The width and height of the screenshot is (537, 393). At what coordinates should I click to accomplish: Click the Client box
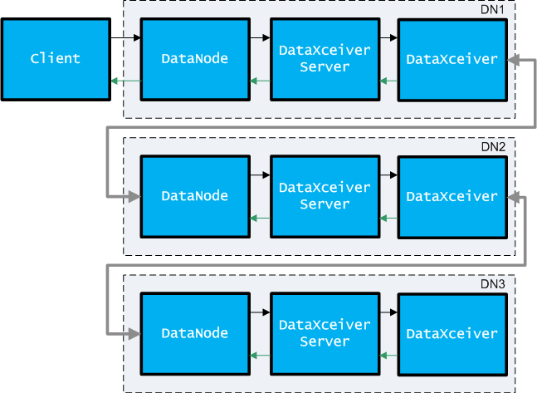[56, 59]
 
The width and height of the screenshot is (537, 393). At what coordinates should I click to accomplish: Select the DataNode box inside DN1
[195, 59]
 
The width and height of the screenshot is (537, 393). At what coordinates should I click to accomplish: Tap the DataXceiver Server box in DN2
[325, 196]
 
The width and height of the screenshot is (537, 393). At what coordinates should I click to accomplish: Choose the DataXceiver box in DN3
[452, 334]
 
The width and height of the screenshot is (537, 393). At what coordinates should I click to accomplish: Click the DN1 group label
[492, 10]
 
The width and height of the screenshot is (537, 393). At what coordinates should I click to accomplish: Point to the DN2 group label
[493, 147]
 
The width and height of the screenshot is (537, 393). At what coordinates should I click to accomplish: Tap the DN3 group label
[493, 284]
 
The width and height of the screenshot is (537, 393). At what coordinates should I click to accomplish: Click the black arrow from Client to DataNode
[125, 37]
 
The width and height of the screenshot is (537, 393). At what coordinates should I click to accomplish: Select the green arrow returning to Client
[125, 81]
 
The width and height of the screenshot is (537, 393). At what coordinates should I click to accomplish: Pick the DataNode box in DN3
[195, 334]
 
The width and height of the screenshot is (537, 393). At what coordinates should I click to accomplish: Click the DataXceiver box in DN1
[452, 60]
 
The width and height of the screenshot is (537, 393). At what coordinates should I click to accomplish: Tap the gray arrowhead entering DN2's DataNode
[134, 196]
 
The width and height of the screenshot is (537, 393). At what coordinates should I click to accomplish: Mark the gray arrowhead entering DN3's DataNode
[134, 334]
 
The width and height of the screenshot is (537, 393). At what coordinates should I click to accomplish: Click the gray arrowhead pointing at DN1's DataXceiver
[514, 60]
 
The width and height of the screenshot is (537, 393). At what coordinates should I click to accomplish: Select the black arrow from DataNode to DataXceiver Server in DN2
[260, 174]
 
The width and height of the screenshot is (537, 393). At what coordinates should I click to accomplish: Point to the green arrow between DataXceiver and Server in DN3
[388, 356]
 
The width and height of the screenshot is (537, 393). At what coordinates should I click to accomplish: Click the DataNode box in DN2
[195, 196]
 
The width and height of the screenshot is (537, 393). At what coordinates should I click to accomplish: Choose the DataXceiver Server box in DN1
[325, 59]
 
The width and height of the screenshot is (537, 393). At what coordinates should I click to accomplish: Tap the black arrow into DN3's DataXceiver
[388, 312]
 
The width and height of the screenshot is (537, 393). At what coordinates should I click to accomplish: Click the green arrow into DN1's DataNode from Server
[260, 81]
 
